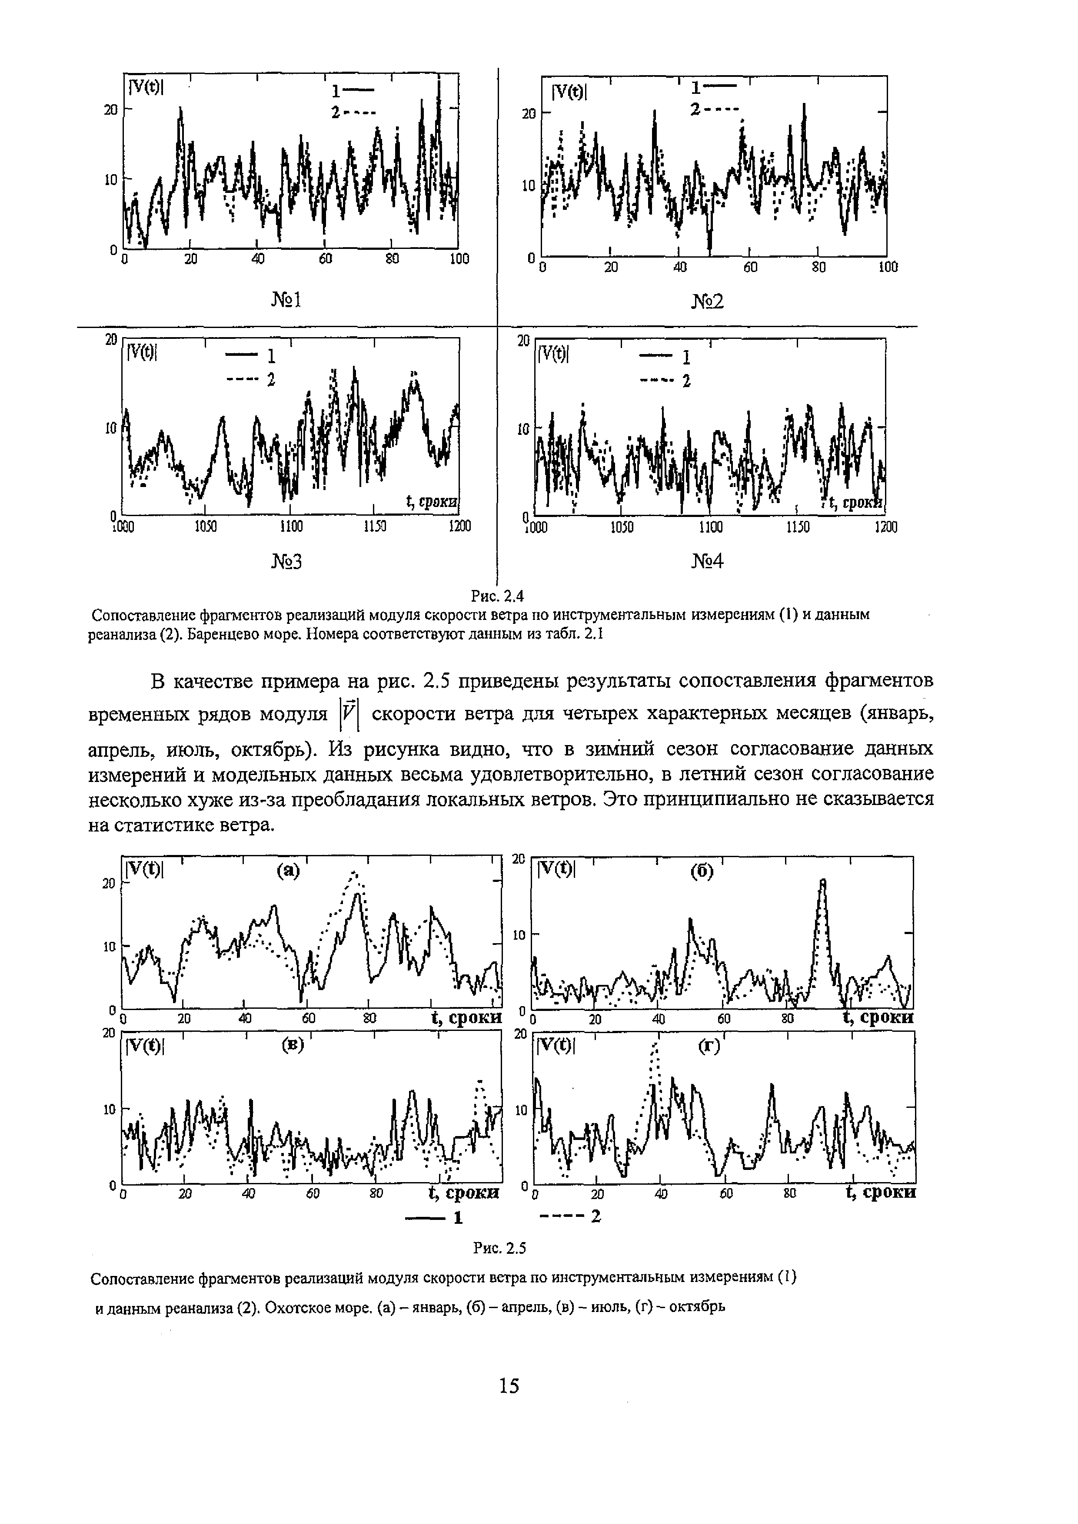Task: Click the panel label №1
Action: point(286,301)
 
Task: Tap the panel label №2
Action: point(707,303)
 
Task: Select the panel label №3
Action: point(286,562)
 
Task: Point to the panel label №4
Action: point(707,562)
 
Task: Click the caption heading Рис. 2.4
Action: point(497,596)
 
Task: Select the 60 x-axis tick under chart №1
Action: point(325,259)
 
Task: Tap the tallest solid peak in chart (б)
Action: point(823,881)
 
